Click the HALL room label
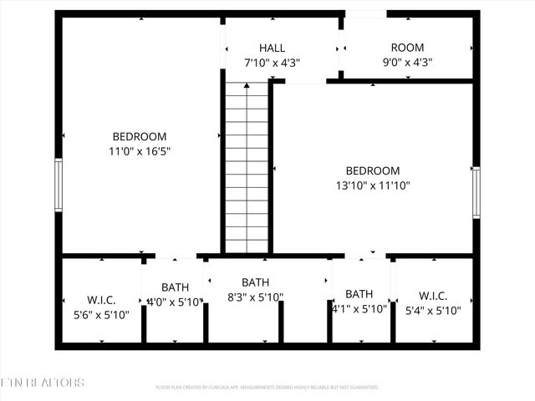click(x=272, y=48)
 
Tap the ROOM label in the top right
click(x=407, y=48)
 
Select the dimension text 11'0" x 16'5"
click(x=140, y=151)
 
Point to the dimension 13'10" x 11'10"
click(x=373, y=185)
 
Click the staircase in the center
click(x=247, y=166)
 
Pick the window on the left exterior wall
click(x=59, y=184)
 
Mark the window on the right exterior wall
click(x=476, y=192)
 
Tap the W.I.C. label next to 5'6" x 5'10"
click(x=101, y=300)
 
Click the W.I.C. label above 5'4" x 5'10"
click(x=433, y=296)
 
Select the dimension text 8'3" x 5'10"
click(x=255, y=297)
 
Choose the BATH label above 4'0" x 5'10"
click(x=175, y=287)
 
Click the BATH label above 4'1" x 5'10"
click(x=359, y=294)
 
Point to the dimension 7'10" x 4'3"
click(x=272, y=63)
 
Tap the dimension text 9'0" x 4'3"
click(x=407, y=62)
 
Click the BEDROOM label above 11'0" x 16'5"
click(x=140, y=136)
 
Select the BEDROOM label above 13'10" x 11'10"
click(x=373, y=170)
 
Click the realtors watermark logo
click(x=42, y=383)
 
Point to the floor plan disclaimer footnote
click(x=267, y=388)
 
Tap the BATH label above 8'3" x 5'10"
click(x=255, y=282)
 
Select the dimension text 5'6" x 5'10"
click(x=101, y=314)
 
